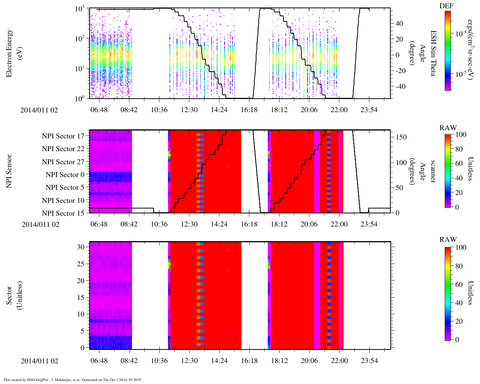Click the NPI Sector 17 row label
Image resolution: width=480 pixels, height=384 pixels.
(x=63, y=136)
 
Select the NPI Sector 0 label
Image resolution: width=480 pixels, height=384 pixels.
(x=65, y=175)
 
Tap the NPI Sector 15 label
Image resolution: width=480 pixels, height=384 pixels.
(x=63, y=213)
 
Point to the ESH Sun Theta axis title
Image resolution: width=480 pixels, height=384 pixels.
(x=433, y=53)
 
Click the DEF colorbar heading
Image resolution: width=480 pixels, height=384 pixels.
(x=446, y=6)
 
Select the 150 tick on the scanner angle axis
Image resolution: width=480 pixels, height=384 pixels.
(x=401, y=137)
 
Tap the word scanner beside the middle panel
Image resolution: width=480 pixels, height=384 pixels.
(x=433, y=171)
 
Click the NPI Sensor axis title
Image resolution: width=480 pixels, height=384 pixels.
(x=9, y=171)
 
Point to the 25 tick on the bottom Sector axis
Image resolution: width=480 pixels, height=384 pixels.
(x=81, y=264)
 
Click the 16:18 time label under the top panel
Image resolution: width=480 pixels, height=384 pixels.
(x=249, y=109)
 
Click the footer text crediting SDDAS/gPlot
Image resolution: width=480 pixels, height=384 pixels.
(x=72, y=379)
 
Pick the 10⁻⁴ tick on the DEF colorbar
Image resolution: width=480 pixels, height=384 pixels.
(x=460, y=33)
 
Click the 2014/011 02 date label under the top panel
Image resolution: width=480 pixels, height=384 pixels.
(x=39, y=110)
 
